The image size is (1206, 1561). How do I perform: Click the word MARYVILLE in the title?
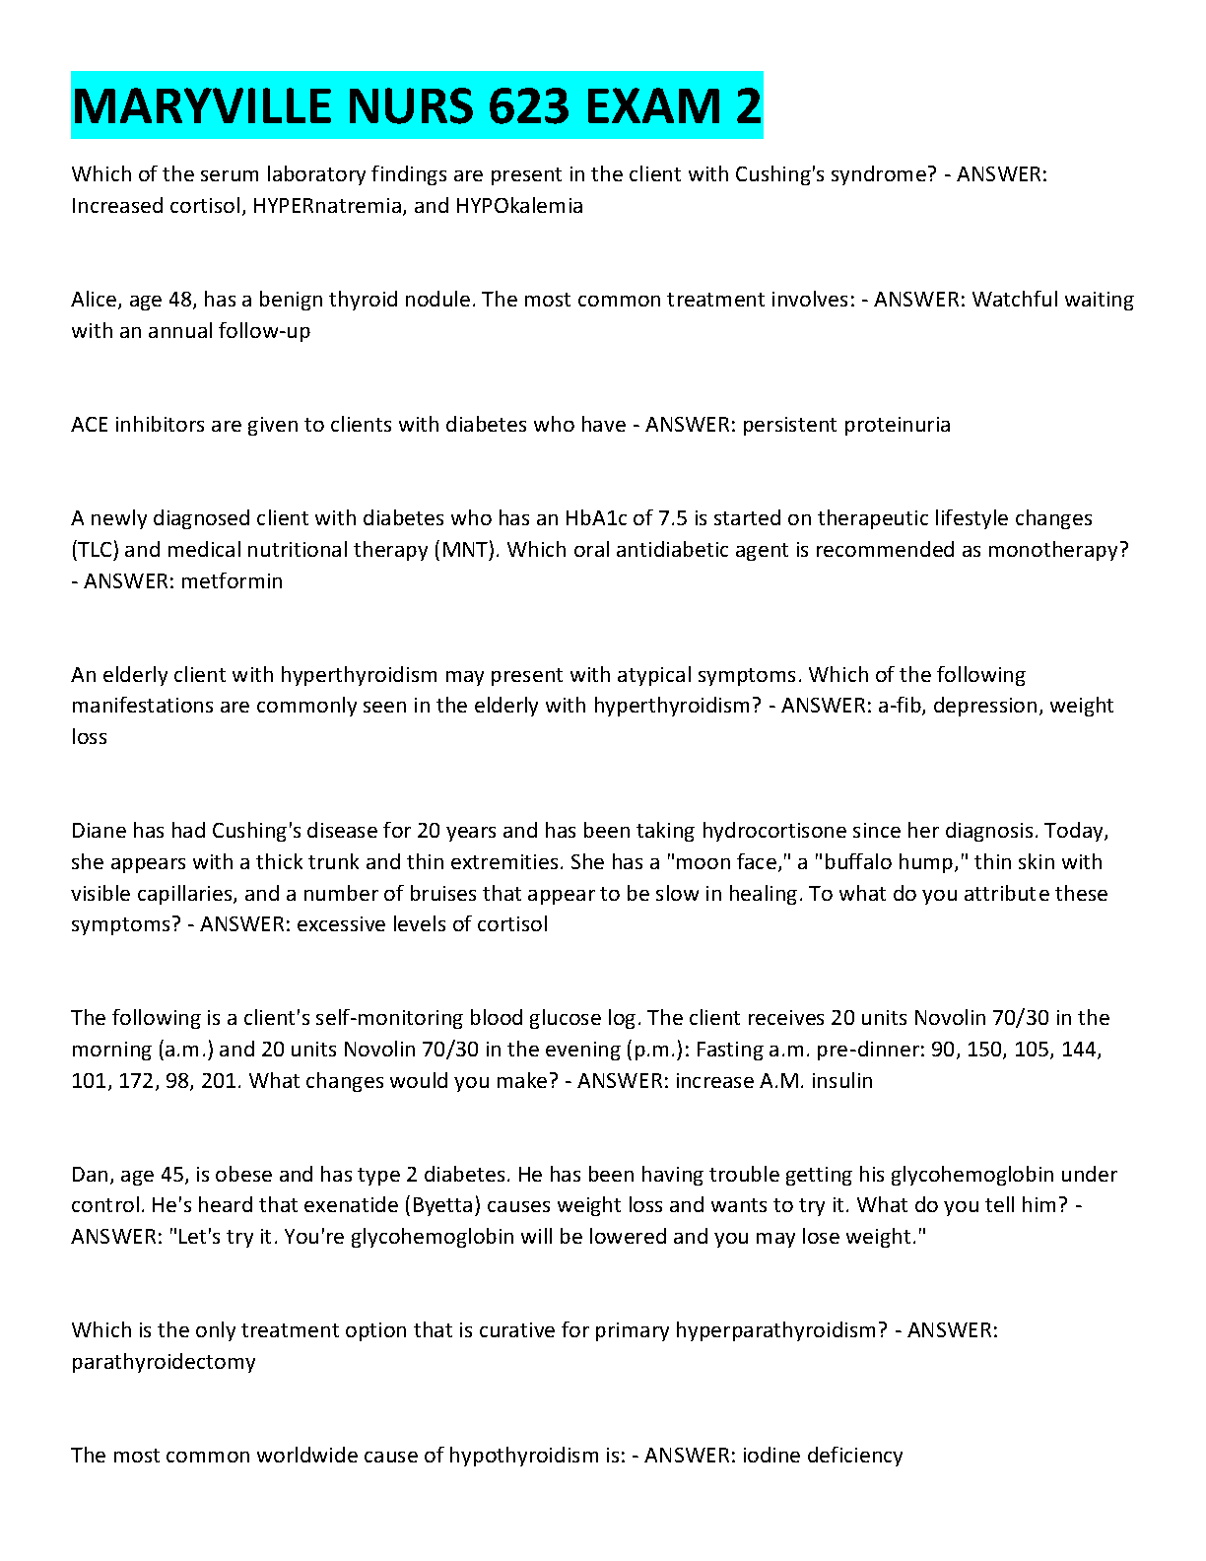[201, 106]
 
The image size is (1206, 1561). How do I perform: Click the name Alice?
[95, 300]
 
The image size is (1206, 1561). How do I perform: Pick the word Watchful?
[1015, 300]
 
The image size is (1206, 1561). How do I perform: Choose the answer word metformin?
[232, 581]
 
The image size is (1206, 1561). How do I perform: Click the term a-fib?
[902, 706]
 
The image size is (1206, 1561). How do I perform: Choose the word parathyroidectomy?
[164, 1362]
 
